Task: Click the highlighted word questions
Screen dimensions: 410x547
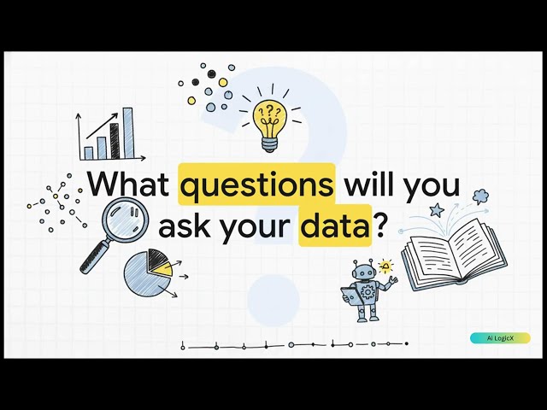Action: (256, 185)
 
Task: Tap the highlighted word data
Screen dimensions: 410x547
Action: (334, 227)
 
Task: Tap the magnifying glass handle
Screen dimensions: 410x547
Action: (91, 258)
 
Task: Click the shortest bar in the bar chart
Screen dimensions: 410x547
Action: (88, 153)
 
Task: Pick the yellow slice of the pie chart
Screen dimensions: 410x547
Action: (162, 269)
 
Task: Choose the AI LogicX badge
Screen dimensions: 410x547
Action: (500, 338)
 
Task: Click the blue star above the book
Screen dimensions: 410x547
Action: (438, 209)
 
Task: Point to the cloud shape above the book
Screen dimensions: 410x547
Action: (479, 196)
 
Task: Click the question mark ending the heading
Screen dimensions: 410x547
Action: (381, 227)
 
